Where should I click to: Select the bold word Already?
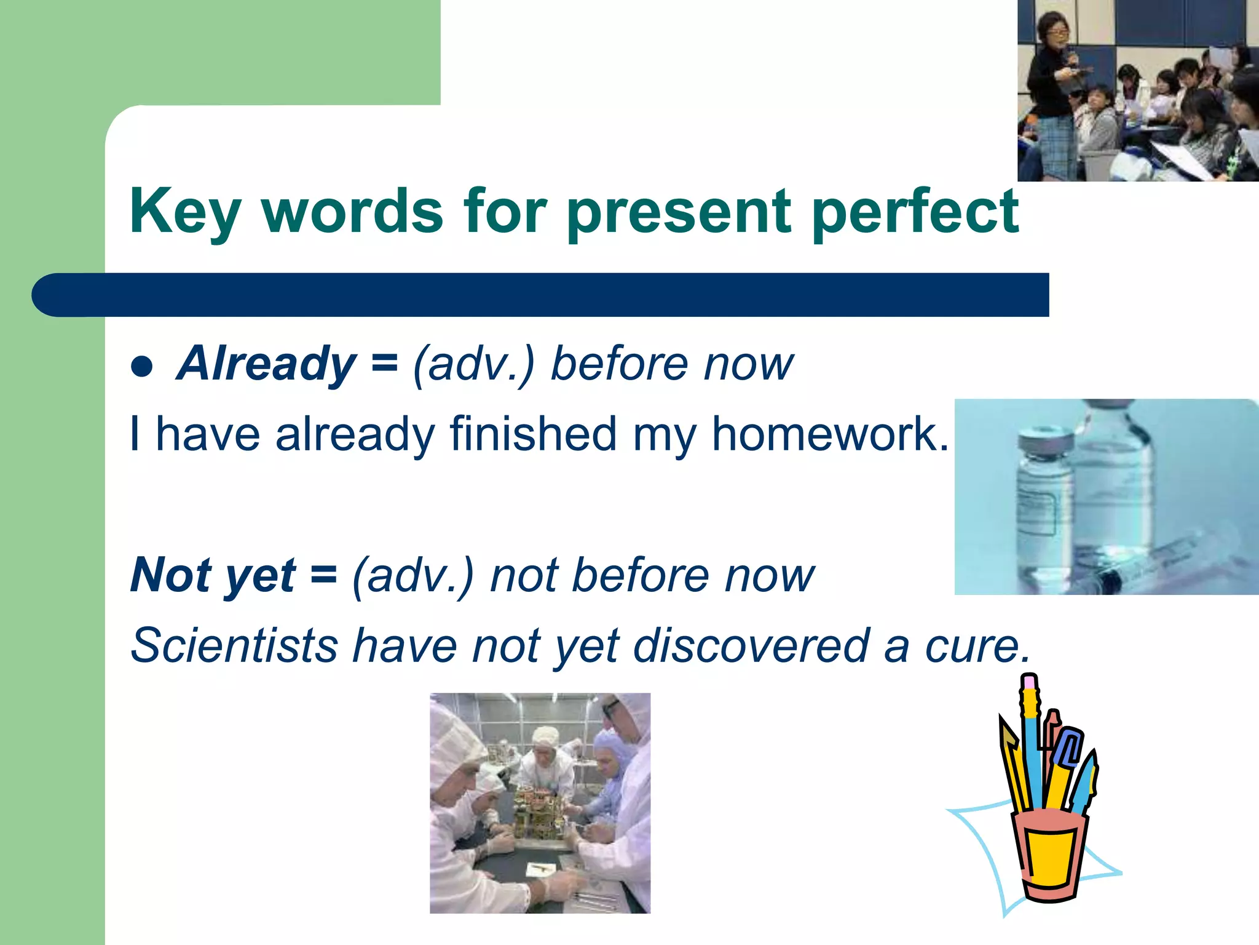tap(266, 364)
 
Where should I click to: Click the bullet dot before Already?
tap(142, 367)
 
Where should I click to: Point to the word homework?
tap(830, 434)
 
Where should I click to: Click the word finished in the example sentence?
tap(532, 434)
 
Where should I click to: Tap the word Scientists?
tap(234, 646)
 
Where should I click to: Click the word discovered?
tap(751, 646)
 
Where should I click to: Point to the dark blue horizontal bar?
tap(541, 295)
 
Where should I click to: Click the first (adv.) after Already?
tap(474, 364)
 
